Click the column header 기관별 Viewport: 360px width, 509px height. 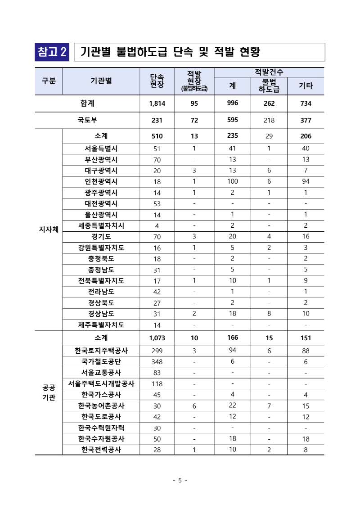(x=101, y=81)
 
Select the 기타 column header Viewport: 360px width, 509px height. (x=306, y=86)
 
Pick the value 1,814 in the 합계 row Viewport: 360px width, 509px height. (x=157, y=104)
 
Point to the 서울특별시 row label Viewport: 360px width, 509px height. (x=101, y=148)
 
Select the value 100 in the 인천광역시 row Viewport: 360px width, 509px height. (x=233, y=181)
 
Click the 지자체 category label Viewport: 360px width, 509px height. (x=48, y=230)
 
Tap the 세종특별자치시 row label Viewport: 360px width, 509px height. (x=101, y=225)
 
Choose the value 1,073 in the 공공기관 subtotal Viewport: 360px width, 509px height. (x=157, y=338)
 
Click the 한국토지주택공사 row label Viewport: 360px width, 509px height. (x=101, y=350)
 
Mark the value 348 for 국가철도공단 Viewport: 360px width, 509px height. (x=157, y=361)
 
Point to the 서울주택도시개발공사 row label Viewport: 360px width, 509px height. (x=101, y=383)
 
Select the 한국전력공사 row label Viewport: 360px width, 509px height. (x=101, y=450)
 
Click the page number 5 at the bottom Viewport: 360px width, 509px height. (x=180, y=480)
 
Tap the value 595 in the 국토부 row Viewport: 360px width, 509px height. (x=233, y=120)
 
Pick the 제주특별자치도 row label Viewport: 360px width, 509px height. (x=101, y=324)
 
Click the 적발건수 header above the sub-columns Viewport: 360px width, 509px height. (x=269, y=72)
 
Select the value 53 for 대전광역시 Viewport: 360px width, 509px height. (x=157, y=203)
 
